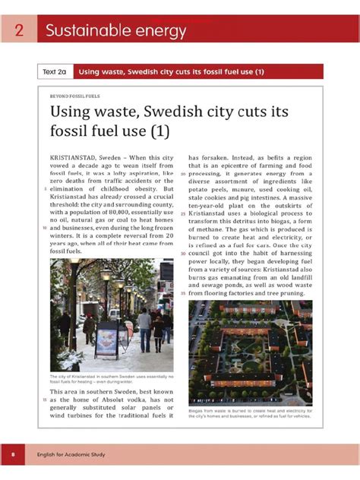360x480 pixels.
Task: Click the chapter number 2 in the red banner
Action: point(17,31)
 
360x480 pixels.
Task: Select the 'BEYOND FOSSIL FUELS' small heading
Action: point(74,96)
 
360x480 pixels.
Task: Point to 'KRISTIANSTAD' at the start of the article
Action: point(75,157)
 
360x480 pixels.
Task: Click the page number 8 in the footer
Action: point(13,455)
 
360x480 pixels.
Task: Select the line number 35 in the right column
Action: point(183,292)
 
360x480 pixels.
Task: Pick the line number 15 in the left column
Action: point(46,399)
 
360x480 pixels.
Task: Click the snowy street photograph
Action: point(111,314)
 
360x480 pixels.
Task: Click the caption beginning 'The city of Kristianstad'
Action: point(111,378)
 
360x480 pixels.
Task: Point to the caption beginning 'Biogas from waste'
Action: point(250,413)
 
